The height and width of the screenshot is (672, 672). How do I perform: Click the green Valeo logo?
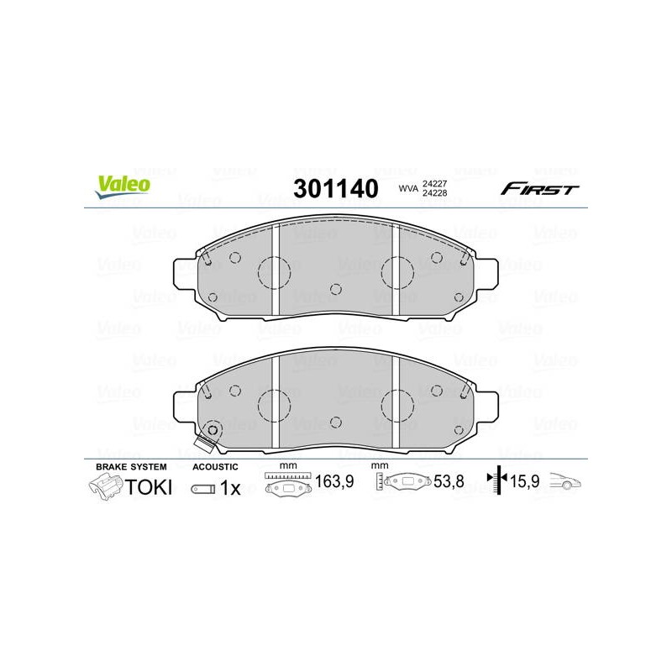click(x=123, y=186)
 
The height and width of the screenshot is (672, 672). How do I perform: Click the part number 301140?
click(x=336, y=188)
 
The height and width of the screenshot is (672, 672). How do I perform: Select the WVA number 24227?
click(x=434, y=183)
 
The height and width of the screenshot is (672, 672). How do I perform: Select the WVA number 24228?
click(x=434, y=193)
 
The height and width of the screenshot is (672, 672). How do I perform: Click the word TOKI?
click(x=149, y=487)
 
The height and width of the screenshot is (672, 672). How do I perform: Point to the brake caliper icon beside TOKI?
click(x=106, y=487)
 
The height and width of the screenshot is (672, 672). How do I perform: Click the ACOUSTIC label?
click(x=215, y=467)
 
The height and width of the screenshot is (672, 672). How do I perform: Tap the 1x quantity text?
click(x=230, y=488)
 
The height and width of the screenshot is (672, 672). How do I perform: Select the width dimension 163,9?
click(x=334, y=481)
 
